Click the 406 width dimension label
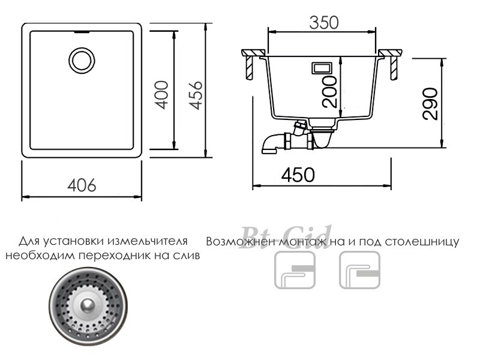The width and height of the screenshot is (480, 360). tap(82, 185)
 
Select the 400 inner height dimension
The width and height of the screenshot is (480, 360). tap(161, 95)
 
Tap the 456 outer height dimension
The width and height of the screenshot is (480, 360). tap(196, 95)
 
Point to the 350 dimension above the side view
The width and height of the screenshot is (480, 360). tap(324, 23)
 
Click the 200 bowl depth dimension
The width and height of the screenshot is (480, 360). tap(329, 92)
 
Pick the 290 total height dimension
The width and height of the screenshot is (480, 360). tap(430, 103)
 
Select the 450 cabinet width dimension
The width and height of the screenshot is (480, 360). tap(298, 175)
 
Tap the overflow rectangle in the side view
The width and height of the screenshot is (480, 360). tap(322, 68)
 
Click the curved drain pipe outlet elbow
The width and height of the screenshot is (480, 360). tap(270, 144)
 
